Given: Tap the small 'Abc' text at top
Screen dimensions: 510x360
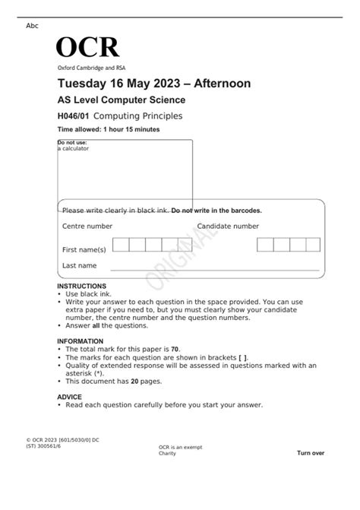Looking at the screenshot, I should [32, 26].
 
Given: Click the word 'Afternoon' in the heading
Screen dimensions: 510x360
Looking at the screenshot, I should [220, 83].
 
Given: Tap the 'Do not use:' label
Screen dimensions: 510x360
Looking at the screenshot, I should [72, 142].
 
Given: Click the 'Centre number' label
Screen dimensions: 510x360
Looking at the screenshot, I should [87, 226].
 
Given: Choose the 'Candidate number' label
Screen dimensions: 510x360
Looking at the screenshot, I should [228, 226].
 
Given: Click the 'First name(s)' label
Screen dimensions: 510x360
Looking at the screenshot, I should [84, 249].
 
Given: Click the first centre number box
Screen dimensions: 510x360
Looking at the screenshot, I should [120, 244].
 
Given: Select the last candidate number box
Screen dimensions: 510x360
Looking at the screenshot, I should [314, 244].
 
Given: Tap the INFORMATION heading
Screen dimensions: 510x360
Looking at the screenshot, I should [80, 341].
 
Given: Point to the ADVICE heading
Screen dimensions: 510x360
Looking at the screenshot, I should [69, 397].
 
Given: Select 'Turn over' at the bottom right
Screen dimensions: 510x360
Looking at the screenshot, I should [310, 453].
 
